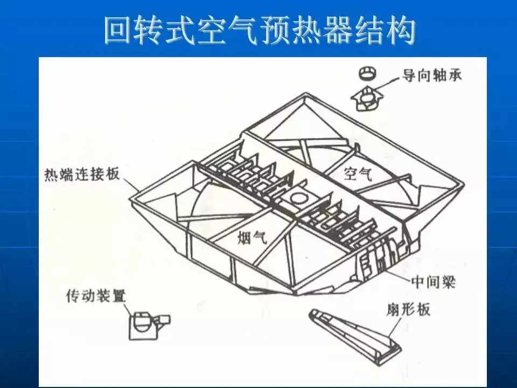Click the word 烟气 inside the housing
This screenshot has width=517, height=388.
coord(252,237)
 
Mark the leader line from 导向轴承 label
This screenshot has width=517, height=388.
coord(388,81)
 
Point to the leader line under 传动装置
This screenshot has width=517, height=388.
coord(128,310)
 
